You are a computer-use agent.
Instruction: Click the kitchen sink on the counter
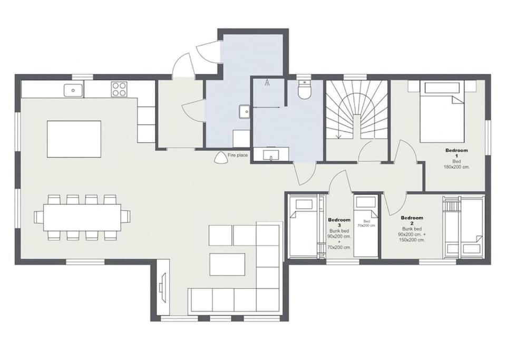pos(73,90)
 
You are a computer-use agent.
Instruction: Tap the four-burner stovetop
pos(119,89)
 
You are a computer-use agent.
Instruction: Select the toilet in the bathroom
pos(304,89)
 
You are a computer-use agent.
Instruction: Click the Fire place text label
pos(238,155)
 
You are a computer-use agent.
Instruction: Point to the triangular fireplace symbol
pos(221,158)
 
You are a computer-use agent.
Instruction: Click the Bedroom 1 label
pos(457,153)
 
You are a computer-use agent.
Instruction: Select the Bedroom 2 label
pos(412,220)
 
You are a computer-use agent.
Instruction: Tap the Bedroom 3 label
pos(339,222)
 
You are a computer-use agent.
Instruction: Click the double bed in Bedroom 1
pos(442,111)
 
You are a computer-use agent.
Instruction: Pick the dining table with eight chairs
pos(82,217)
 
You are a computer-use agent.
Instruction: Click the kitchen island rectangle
pos(74,139)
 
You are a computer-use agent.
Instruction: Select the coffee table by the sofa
pos(227,265)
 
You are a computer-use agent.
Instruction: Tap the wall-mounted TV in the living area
pos(163,288)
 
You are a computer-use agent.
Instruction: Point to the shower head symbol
pos(268,83)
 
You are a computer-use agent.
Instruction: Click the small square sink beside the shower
pos(245,111)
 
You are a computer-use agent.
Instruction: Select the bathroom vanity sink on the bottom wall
pos(271,154)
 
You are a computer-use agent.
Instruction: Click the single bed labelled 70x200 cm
pos(366,226)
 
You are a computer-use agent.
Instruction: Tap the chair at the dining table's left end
pos(38,217)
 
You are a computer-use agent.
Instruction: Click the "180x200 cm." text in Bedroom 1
pos(457,167)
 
